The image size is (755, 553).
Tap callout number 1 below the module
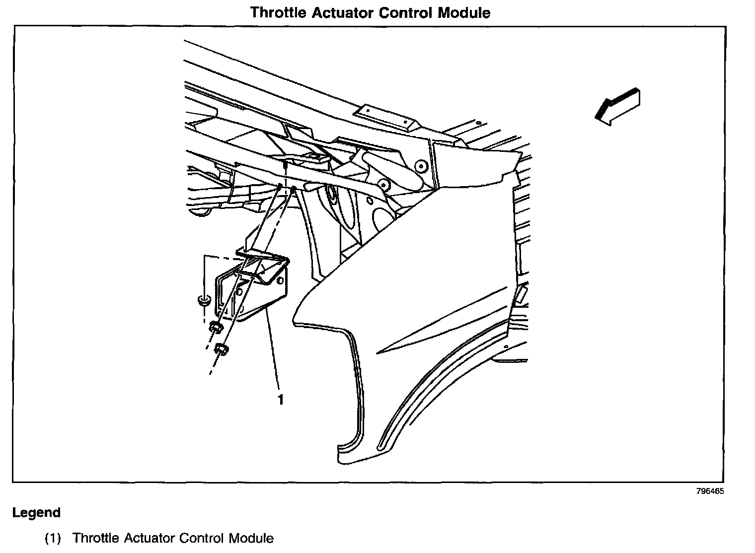tap(281, 399)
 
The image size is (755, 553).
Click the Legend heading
tap(36, 513)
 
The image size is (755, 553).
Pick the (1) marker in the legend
tap(53, 539)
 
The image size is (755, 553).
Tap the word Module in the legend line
tap(251, 539)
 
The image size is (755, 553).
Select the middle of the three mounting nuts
tap(215, 327)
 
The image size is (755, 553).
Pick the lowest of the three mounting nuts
tap(221, 349)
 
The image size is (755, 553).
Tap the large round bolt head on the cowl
tap(421, 166)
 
